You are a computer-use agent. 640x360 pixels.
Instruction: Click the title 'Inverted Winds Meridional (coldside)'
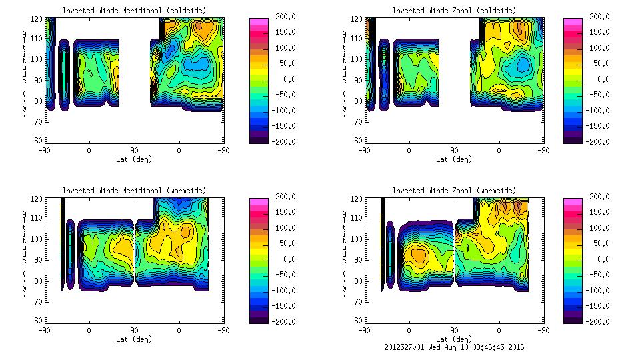[x=134, y=11]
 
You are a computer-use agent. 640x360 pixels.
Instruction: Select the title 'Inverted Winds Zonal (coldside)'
[x=454, y=11]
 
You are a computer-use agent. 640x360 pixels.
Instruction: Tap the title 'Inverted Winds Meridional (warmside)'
[x=134, y=191]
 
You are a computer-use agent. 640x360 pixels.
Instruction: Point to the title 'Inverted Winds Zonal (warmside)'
[x=454, y=191]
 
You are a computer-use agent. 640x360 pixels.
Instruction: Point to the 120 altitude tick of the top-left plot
[x=39, y=20]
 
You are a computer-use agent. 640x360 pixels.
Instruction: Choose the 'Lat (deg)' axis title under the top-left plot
[x=134, y=159]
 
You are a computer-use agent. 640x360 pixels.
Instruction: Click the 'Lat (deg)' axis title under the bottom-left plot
[x=134, y=339]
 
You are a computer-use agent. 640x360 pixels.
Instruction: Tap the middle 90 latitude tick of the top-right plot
[x=454, y=151]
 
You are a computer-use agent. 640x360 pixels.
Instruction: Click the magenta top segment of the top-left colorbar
[x=259, y=23]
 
